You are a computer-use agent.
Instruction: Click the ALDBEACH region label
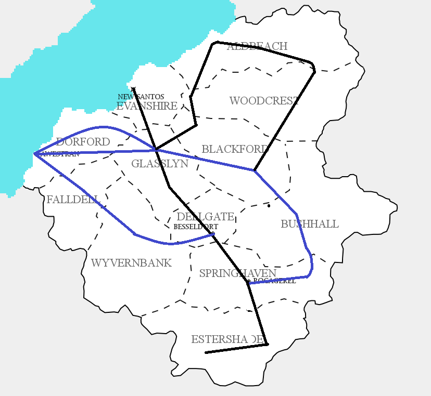pyautogui.click(x=257, y=46)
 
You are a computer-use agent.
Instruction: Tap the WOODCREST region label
pyautogui.click(x=264, y=101)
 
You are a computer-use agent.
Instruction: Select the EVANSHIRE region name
pyautogui.click(x=147, y=106)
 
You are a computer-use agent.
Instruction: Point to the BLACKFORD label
pyautogui.click(x=235, y=149)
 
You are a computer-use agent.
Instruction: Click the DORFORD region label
pyautogui.click(x=83, y=142)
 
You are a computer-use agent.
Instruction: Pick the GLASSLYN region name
pyautogui.click(x=159, y=164)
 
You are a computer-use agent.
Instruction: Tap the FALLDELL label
pyautogui.click(x=73, y=200)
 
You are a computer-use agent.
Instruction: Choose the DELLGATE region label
pyautogui.click(x=205, y=216)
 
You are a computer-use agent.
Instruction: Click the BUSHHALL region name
pyautogui.click(x=310, y=224)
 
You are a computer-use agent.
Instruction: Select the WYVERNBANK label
pyautogui.click(x=131, y=263)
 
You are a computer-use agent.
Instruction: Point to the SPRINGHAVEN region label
pyautogui.click(x=237, y=273)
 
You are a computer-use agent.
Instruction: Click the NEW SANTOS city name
pyautogui.click(x=141, y=97)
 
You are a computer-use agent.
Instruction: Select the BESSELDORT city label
pyautogui.click(x=195, y=227)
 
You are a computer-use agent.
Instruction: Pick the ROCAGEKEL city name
pyautogui.click(x=274, y=281)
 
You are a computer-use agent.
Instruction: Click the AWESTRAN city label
pyautogui.click(x=59, y=154)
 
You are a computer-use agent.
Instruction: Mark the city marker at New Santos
pyautogui.click(x=133, y=89)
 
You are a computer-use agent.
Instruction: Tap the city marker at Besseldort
pyautogui.click(x=213, y=233)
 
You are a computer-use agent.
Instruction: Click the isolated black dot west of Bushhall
pyautogui.click(x=269, y=206)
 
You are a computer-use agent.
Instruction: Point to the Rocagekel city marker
pyautogui.click(x=248, y=282)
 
